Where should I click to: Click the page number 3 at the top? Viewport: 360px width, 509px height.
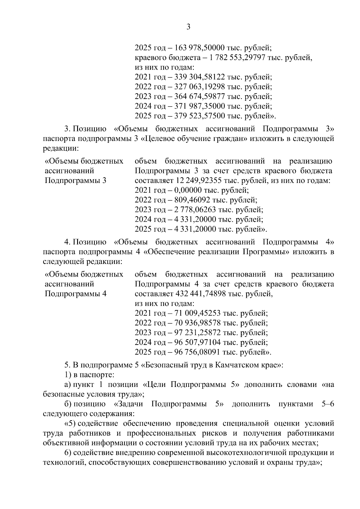pyautogui.click(x=188, y=27)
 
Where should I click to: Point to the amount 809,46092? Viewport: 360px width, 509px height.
pyautogui.click(x=192, y=200)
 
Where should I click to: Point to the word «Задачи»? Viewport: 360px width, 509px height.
pyautogui.click(x=132, y=404)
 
